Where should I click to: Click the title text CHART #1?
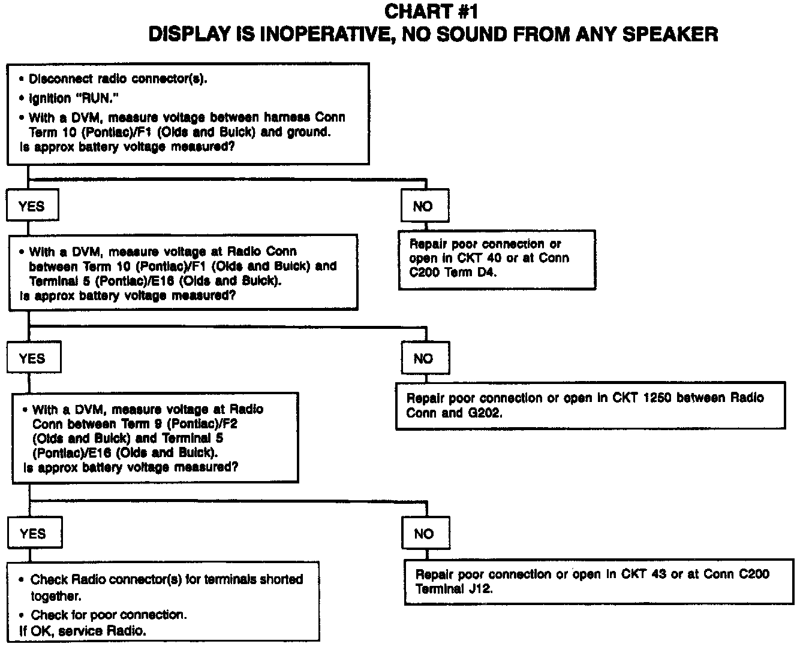coord(431,11)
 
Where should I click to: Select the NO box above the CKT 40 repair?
coord(423,206)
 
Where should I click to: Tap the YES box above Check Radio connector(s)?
coord(34,534)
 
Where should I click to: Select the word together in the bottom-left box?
coord(56,597)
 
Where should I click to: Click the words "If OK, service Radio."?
coord(83,631)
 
